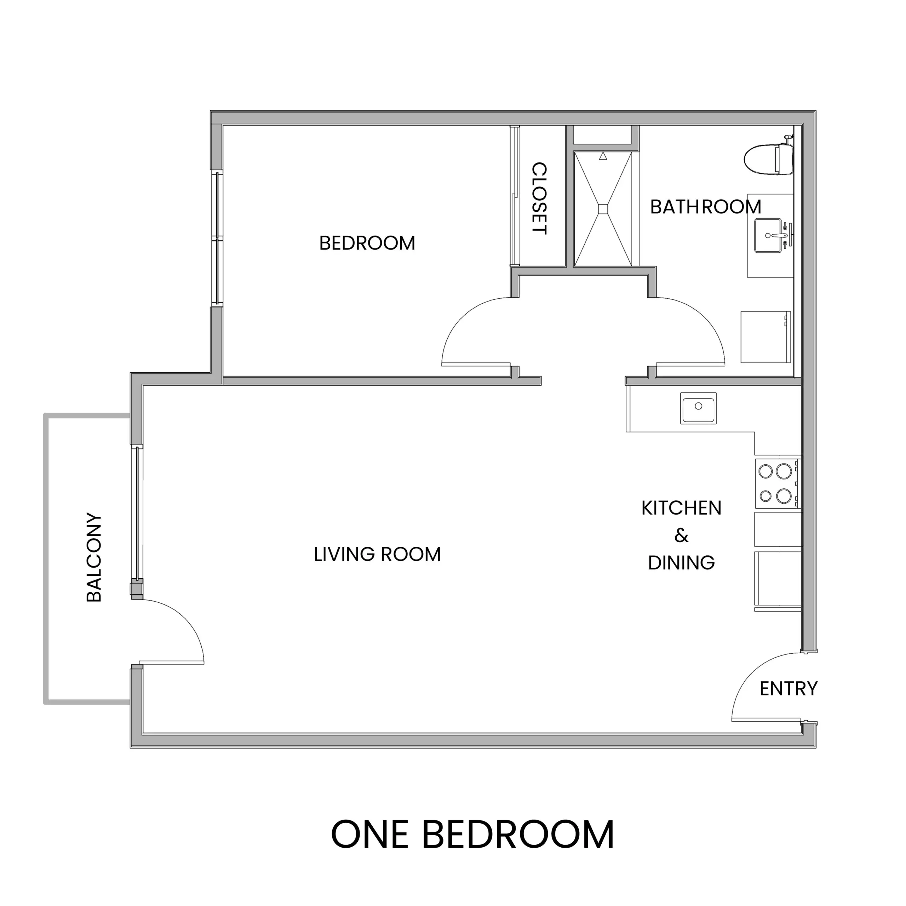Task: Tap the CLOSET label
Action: coord(539,198)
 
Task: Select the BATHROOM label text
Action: coord(705,207)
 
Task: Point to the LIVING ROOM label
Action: coord(377,554)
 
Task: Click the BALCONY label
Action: coord(94,557)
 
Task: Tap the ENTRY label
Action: coord(788,688)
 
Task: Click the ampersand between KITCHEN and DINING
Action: coord(681,535)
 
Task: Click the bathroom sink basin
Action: coord(768,235)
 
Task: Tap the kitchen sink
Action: coord(698,408)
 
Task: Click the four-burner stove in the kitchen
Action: coord(776,483)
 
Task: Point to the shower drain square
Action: coord(603,209)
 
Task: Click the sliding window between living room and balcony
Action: coord(137,514)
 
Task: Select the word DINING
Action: coord(681,562)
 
